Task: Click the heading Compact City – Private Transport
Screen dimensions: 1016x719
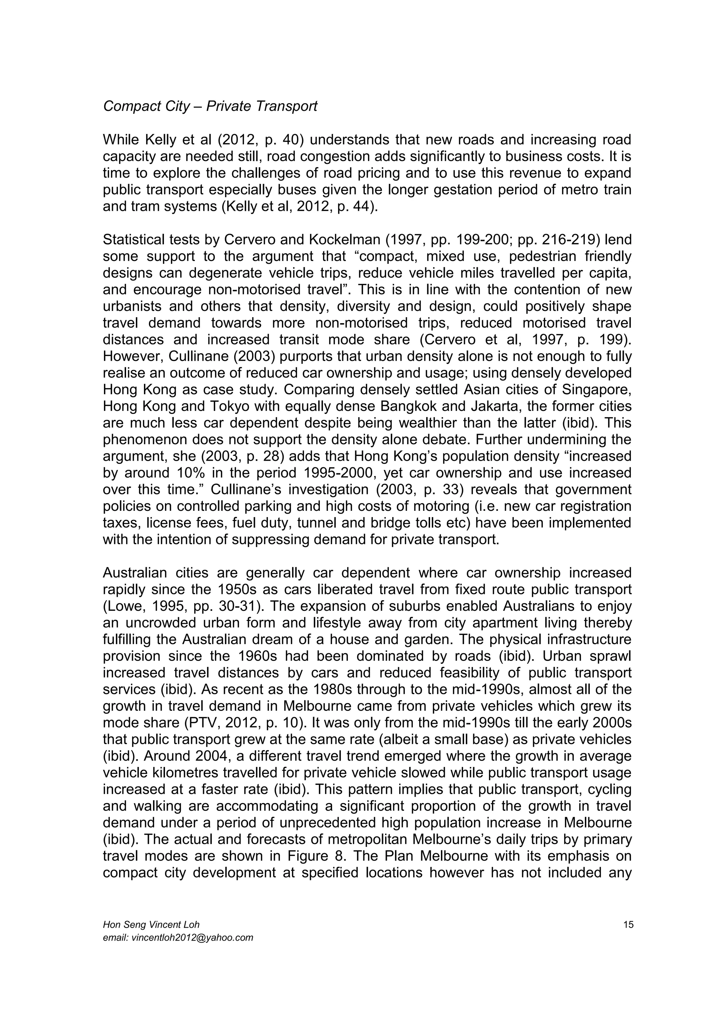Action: coord(210,106)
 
